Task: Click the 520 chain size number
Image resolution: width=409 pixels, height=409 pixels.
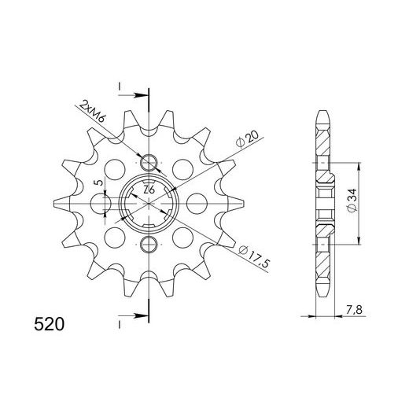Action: pos(49,324)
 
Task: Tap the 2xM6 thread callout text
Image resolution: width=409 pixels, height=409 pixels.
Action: pos(92,112)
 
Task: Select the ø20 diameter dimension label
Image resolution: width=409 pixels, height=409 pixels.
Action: pos(247,139)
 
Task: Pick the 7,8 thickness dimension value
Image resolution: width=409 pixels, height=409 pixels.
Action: pos(354,310)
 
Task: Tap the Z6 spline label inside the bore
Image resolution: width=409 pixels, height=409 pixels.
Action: pos(149,190)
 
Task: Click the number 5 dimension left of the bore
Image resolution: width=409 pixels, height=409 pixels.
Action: pos(99,182)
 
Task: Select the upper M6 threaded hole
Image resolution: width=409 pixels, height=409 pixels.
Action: pos(149,163)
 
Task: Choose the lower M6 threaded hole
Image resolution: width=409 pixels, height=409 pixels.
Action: pos(149,245)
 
